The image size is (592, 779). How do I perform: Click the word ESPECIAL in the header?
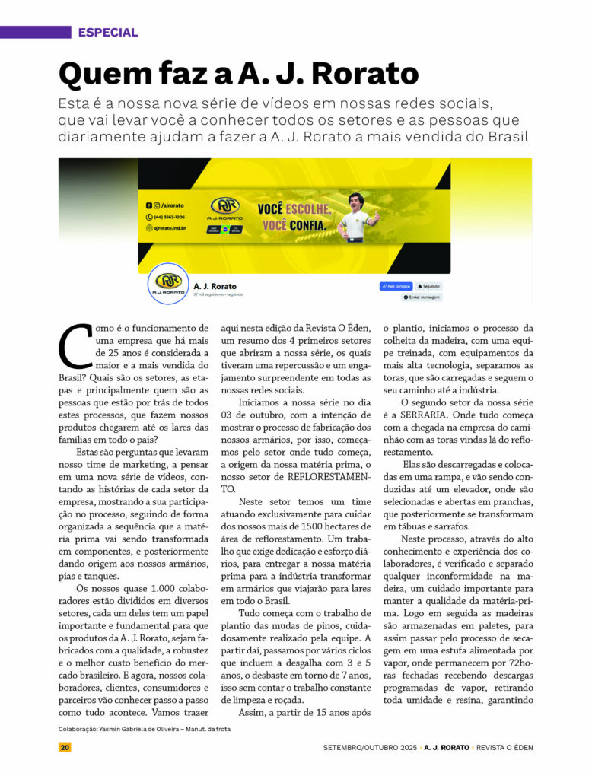coord(108,33)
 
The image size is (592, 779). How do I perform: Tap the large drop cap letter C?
coord(75,345)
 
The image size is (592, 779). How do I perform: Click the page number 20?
coord(65,747)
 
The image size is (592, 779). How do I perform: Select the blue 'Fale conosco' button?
coord(395,286)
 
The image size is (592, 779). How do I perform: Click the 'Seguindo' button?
coord(429,286)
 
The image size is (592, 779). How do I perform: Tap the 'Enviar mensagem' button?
coord(422,297)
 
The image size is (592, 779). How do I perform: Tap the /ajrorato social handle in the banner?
coord(170,205)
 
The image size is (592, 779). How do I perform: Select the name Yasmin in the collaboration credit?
coord(115,729)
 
